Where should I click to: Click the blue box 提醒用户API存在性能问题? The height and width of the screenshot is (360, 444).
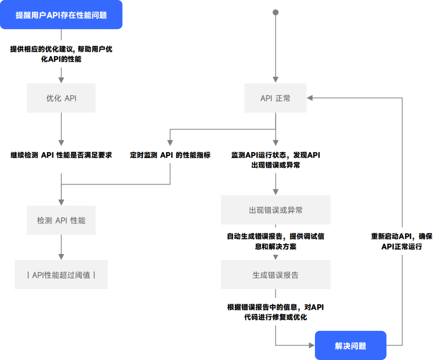[x=61, y=15]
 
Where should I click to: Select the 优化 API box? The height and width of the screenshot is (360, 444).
[x=61, y=98]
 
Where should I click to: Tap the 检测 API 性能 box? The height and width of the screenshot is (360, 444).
[x=61, y=221]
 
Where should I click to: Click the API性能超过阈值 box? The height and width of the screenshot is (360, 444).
[x=61, y=275]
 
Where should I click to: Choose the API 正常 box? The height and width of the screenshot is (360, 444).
[x=275, y=98]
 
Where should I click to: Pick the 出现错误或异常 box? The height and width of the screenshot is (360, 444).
[x=275, y=210]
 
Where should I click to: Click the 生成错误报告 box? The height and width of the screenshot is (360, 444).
[x=275, y=275]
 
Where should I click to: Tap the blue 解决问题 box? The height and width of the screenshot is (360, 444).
[x=351, y=346]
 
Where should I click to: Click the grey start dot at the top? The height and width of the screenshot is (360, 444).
[x=275, y=12]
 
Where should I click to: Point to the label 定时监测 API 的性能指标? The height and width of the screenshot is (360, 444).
[x=170, y=155]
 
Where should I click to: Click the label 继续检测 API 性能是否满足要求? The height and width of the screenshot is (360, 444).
[x=61, y=156]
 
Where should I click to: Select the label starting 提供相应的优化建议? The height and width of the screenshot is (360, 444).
[x=61, y=54]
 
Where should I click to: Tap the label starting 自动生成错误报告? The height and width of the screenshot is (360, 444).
[x=275, y=242]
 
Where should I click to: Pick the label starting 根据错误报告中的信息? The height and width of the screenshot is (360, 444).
[x=275, y=312]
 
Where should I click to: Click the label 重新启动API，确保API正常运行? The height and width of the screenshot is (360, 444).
[x=402, y=242]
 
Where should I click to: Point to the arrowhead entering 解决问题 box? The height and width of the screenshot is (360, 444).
[x=311, y=346]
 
